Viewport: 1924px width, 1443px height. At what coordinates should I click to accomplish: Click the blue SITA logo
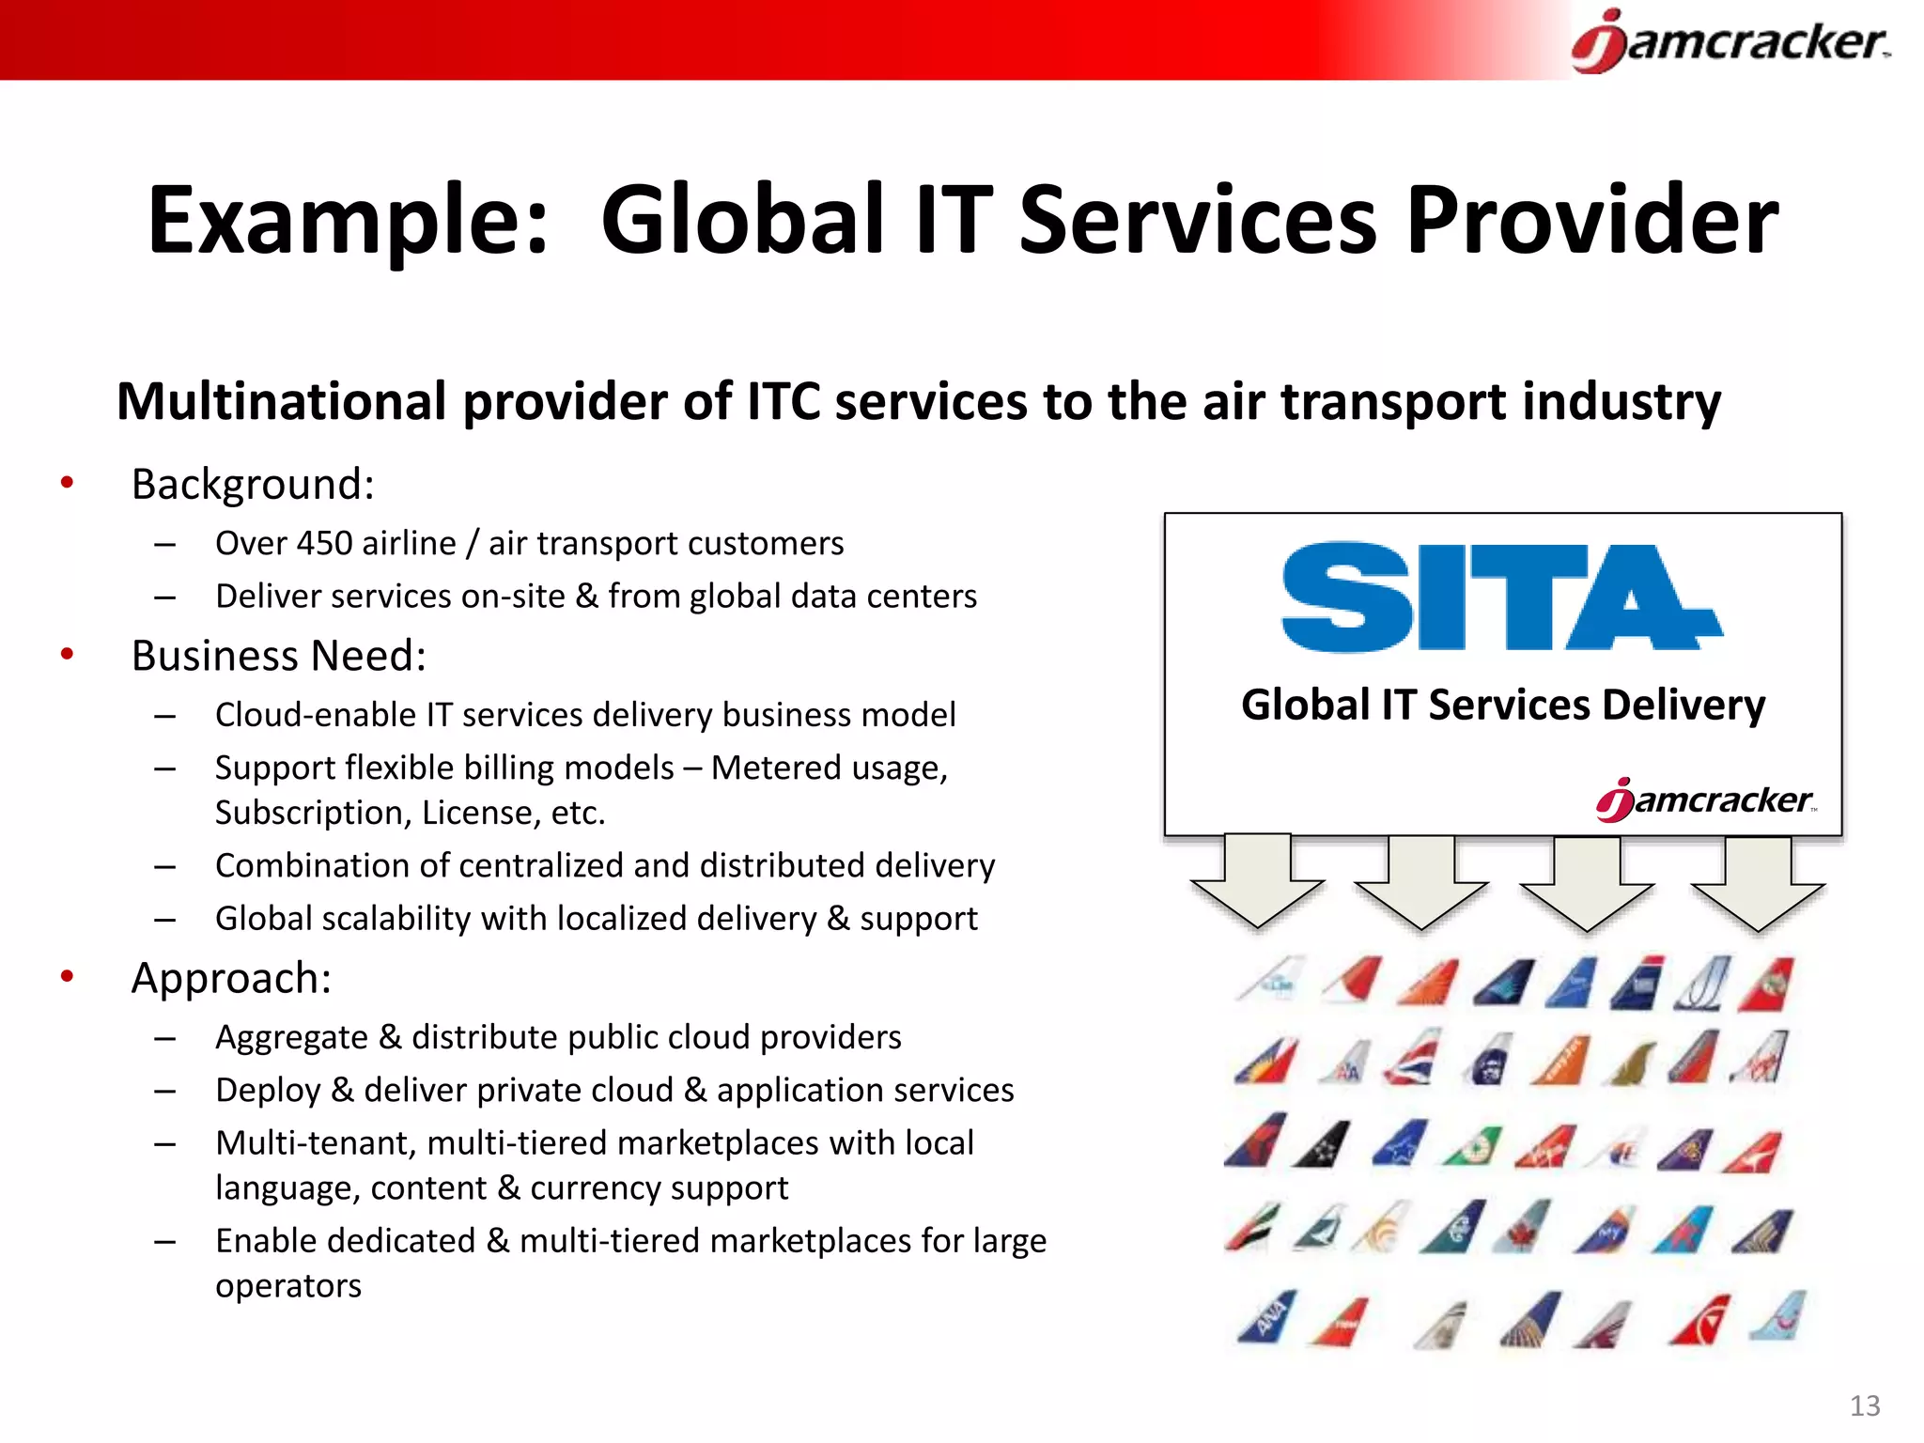point(1500,597)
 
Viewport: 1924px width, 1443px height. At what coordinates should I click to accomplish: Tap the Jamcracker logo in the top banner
point(1730,42)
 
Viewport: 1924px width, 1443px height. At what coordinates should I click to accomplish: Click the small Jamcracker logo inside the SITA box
point(1705,800)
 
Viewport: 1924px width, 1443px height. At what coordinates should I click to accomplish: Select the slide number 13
point(1865,1405)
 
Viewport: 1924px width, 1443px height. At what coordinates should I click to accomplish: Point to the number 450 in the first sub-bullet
point(324,543)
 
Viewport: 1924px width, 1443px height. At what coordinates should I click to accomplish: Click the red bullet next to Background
point(67,483)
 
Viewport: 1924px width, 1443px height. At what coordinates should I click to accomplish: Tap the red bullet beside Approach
point(67,977)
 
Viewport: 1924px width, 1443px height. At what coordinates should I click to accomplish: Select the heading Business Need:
point(279,656)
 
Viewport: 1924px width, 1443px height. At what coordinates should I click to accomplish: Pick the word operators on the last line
point(287,1285)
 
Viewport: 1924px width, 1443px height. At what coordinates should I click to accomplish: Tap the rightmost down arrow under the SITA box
point(1758,883)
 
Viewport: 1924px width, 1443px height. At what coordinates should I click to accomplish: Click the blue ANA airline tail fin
point(1268,1317)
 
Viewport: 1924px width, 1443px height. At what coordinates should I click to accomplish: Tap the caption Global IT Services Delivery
point(1502,705)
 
